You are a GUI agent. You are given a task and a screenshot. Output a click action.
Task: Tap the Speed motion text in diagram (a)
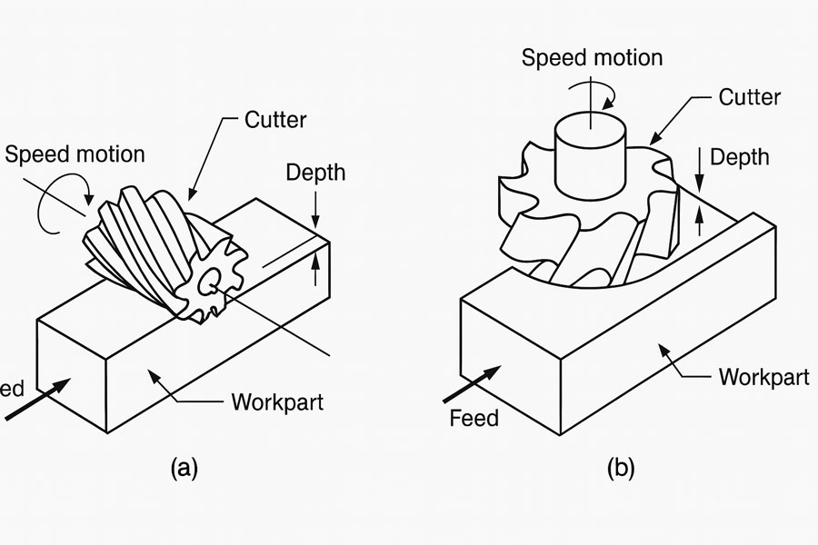[75, 154]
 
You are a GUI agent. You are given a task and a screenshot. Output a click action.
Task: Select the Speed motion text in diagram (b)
[592, 57]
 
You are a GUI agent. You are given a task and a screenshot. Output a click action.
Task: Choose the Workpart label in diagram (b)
[763, 377]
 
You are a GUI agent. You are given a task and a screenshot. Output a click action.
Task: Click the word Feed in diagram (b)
[474, 418]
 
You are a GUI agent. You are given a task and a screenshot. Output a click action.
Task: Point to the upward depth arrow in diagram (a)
[316, 266]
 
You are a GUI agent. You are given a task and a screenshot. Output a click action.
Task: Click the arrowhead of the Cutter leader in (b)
[654, 143]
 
